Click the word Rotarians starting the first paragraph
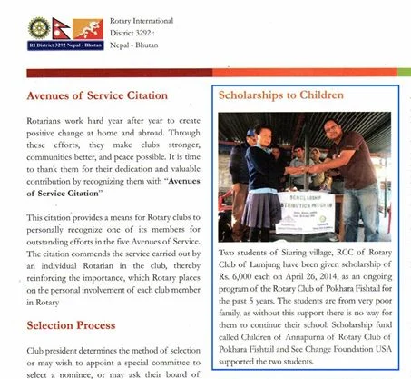point(51,122)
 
